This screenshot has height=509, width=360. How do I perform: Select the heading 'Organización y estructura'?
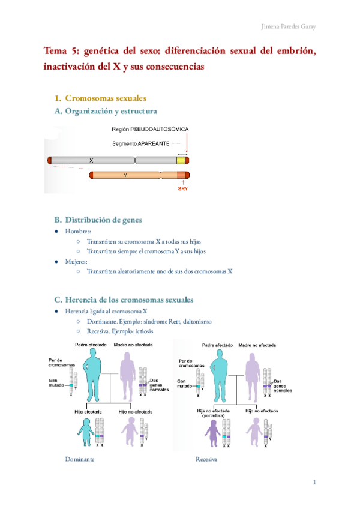pyautogui.click(x=111, y=111)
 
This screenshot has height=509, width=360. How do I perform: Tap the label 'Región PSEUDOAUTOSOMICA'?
pyautogui.click(x=151, y=130)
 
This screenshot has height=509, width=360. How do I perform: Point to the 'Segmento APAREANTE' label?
pyautogui.click(x=140, y=143)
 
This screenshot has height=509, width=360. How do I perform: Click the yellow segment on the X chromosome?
pyautogui.click(x=181, y=161)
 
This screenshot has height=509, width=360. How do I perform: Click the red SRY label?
pyautogui.click(x=184, y=188)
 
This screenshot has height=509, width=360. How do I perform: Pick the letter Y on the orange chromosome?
pyautogui.click(x=125, y=175)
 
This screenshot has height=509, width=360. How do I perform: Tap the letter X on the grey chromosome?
pyautogui.click(x=91, y=161)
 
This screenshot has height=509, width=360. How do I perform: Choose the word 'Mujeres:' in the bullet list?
pyautogui.click(x=78, y=262)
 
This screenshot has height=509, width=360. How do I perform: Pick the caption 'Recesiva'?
pyautogui.click(x=206, y=459)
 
